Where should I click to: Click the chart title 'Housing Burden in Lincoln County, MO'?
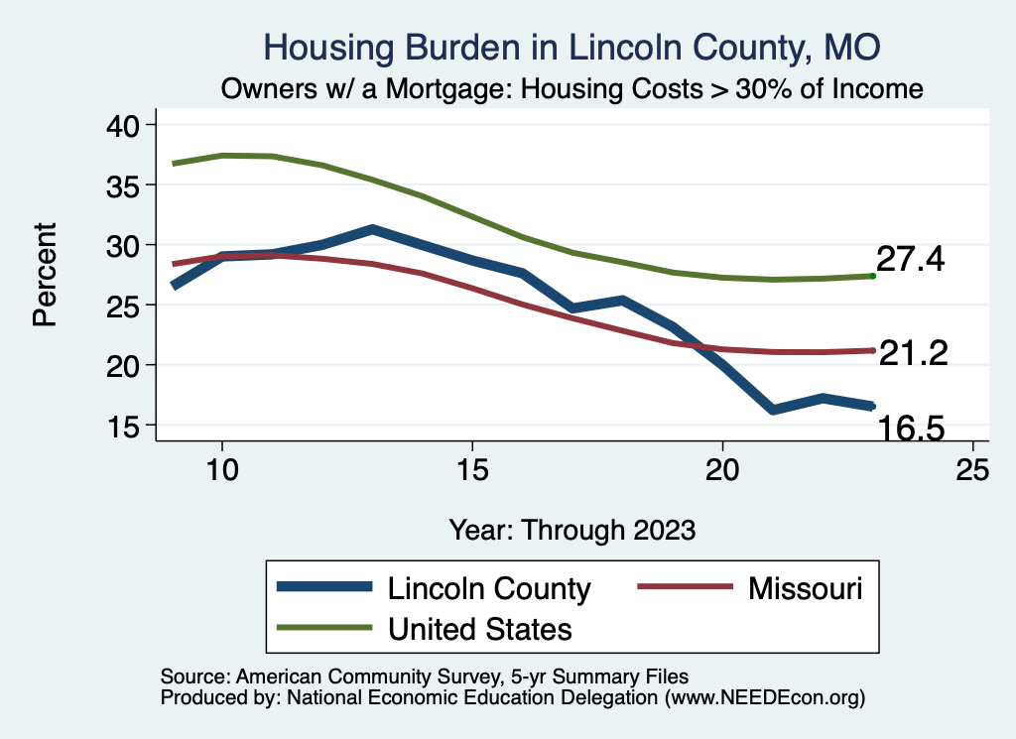tap(571, 47)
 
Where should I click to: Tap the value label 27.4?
tap(910, 260)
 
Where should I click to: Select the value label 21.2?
tap(914, 352)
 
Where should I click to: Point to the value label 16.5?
tap(909, 428)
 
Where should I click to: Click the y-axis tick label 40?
tap(126, 125)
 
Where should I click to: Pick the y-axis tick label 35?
tap(126, 185)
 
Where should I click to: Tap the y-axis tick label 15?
tap(126, 426)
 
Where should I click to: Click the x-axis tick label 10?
tap(222, 469)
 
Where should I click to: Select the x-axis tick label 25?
tap(972, 469)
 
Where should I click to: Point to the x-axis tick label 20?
tap(722, 469)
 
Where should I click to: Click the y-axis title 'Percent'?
tap(45, 274)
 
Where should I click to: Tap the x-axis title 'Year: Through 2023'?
tap(571, 529)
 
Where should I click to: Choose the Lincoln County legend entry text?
tap(489, 588)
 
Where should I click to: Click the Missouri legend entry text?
tap(805, 588)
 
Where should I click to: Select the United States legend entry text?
tap(480, 628)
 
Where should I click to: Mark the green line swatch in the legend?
tap(325, 628)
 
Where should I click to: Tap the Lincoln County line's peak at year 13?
tap(371, 230)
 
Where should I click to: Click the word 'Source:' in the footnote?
tap(192, 676)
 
